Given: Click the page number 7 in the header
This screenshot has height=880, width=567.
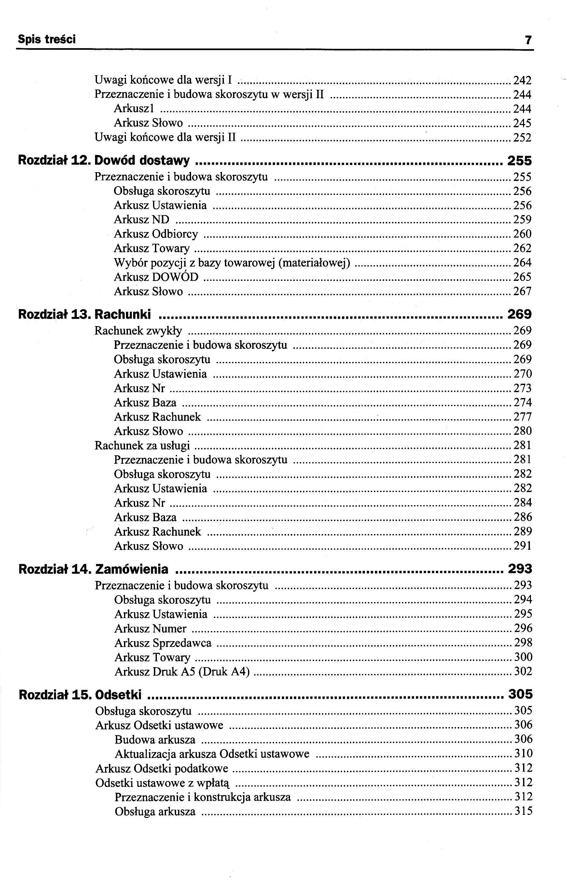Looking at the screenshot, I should (x=528, y=40).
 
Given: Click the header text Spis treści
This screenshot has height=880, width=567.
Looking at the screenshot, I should (x=47, y=39).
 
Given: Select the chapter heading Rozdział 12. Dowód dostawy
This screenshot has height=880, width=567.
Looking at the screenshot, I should (x=104, y=160).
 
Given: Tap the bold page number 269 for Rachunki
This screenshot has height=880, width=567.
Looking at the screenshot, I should (x=519, y=314).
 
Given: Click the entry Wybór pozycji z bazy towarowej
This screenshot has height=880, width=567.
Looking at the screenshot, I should (x=232, y=262).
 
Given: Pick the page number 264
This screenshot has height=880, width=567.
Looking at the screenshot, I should (x=522, y=262).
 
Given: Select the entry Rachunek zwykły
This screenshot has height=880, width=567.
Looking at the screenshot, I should (x=138, y=331).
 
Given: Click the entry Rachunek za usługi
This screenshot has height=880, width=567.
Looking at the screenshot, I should (x=142, y=445).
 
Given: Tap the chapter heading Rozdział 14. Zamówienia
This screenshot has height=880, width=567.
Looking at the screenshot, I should (x=93, y=569).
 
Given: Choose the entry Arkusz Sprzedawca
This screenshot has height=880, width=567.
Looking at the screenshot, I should (x=163, y=643).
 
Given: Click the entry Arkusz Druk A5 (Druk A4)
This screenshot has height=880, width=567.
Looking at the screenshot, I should (x=182, y=671).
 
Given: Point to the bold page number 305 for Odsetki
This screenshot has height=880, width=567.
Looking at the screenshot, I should (x=520, y=694).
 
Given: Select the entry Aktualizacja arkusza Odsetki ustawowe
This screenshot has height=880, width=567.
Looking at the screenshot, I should (x=212, y=754).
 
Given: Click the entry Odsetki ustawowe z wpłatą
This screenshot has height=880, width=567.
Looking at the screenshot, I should (x=162, y=782).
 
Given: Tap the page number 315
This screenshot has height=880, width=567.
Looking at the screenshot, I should (x=523, y=811).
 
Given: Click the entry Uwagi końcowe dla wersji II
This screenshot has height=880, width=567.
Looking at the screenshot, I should (x=165, y=137).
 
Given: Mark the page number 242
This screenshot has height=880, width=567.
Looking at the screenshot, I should (x=522, y=80).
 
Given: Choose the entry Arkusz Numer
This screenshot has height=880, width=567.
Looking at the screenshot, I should (x=150, y=628).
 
